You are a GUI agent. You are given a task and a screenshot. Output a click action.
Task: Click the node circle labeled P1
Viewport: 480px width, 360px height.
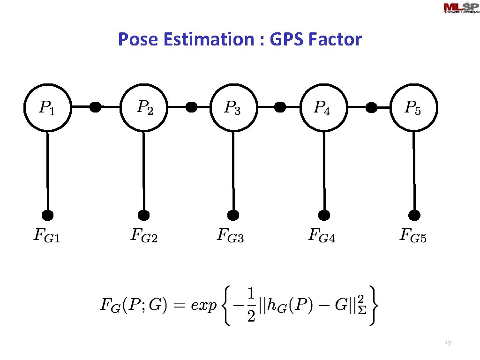(x=47, y=108)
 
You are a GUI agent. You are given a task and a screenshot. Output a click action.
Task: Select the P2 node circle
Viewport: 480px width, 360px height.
(x=143, y=108)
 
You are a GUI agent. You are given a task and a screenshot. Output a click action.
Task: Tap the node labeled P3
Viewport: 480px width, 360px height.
(x=233, y=108)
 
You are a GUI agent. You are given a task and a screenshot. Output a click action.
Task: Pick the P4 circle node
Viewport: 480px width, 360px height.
(x=323, y=108)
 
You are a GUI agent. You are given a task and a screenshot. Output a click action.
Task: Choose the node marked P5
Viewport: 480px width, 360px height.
(x=413, y=108)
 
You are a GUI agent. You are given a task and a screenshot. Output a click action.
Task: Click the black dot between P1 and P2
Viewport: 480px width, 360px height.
(x=95, y=107)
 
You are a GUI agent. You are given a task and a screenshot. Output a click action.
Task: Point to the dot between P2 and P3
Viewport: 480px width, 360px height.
(x=191, y=107)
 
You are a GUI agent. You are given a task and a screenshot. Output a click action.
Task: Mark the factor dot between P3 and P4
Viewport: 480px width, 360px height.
(x=280, y=107)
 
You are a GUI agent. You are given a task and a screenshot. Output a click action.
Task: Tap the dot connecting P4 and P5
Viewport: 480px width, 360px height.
(x=371, y=107)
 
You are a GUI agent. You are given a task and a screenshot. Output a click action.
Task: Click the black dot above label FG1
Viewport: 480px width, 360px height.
(x=47, y=215)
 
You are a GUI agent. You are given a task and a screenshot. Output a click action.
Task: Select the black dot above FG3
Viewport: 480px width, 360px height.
(x=233, y=215)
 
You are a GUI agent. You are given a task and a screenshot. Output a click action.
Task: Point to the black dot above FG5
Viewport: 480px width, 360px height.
(x=414, y=215)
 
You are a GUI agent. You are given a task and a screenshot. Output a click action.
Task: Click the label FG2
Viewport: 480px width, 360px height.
(x=143, y=235)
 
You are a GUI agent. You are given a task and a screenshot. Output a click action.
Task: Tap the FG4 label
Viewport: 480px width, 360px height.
(x=322, y=235)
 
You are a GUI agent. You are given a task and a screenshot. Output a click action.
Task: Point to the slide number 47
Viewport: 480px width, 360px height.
(x=447, y=344)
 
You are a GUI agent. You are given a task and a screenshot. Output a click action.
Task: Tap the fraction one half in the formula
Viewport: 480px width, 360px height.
(x=251, y=305)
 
